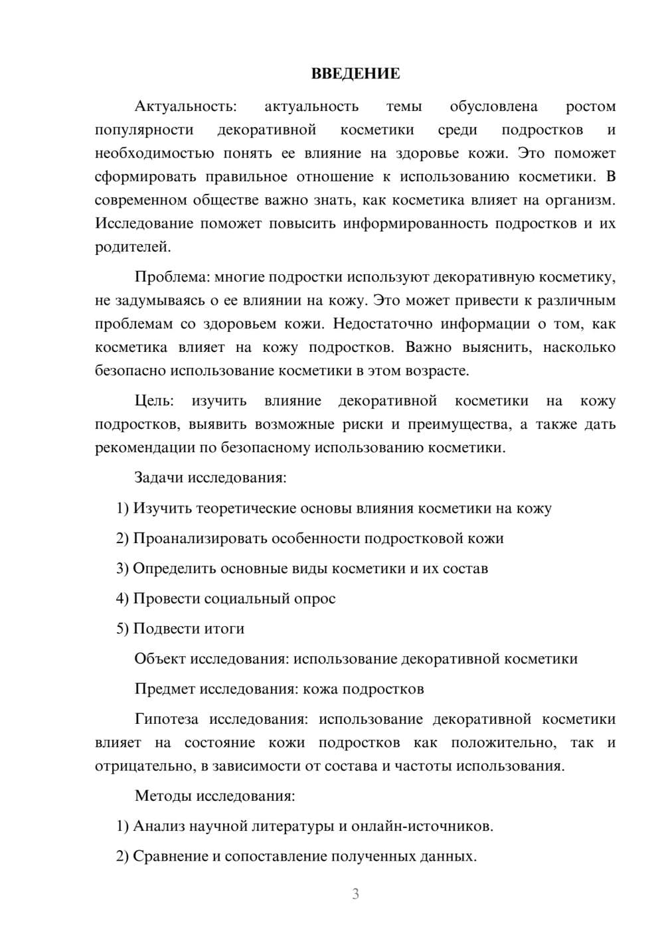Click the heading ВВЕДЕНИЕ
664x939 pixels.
pos(355,74)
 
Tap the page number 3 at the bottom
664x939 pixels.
pos(355,894)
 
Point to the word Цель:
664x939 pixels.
pos(154,400)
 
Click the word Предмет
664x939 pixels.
pos(160,689)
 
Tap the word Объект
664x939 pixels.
pos(160,659)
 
